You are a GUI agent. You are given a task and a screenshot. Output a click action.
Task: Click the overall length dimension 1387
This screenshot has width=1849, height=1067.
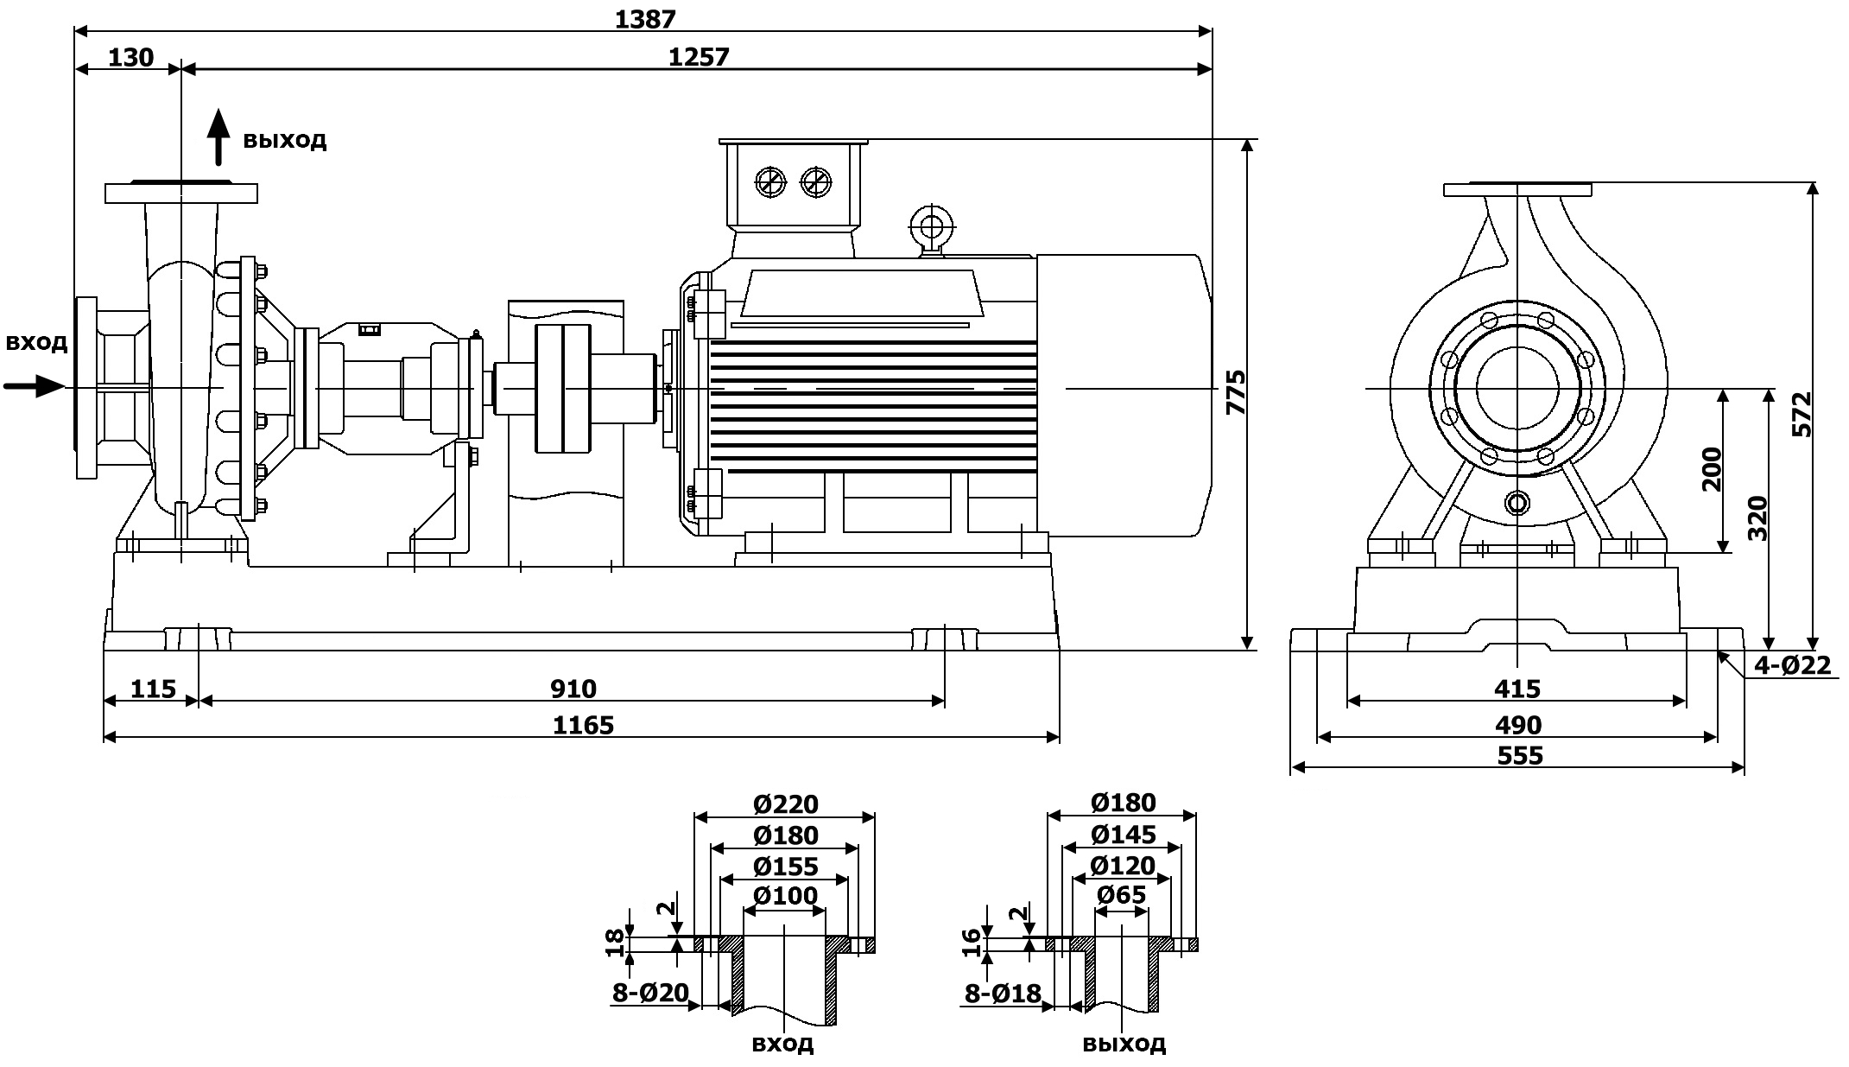pyautogui.click(x=644, y=18)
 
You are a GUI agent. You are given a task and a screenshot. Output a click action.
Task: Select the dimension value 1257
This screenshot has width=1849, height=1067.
pyautogui.click(x=698, y=57)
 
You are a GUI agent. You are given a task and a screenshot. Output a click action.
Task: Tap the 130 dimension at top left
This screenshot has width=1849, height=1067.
pyautogui.click(x=130, y=57)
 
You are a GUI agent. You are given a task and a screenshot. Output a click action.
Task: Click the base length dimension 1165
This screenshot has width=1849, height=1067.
pyautogui.click(x=583, y=724)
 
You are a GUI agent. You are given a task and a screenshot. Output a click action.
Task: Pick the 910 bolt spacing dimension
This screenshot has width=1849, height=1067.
pyautogui.click(x=573, y=689)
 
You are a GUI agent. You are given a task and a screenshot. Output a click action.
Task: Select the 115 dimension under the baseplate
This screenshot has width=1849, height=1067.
pyautogui.click(x=153, y=689)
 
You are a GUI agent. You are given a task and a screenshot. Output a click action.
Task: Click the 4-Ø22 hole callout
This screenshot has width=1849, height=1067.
pyautogui.click(x=1792, y=664)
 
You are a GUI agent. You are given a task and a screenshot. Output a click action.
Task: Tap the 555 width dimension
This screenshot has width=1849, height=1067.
pyautogui.click(x=1519, y=756)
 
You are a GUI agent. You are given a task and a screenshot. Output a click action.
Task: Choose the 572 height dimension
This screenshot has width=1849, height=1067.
pyautogui.click(x=1802, y=415)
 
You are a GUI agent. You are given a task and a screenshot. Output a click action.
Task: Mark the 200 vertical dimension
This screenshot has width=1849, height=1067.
pyautogui.click(x=1711, y=469)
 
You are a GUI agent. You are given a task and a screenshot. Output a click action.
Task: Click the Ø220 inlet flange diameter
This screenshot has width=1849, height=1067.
pyautogui.click(x=784, y=804)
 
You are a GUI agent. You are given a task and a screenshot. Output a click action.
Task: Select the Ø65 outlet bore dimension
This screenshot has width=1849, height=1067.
pyautogui.click(x=1121, y=895)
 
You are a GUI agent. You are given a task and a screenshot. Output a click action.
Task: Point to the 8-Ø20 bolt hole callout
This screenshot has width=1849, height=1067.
pyautogui.click(x=649, y=994)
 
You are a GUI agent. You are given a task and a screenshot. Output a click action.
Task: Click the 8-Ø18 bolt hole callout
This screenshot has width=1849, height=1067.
pyautogui.click(x=1002, y=994)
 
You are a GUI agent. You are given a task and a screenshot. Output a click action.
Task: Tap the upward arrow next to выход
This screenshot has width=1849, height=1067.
pyautogui.click(x=219, y=137)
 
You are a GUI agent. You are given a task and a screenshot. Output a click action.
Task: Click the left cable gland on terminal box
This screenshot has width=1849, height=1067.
pyautogui.click(x=769, y=182)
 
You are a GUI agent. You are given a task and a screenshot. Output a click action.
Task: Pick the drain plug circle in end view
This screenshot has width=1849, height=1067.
pyautogui.click(x=1517, y=502)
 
